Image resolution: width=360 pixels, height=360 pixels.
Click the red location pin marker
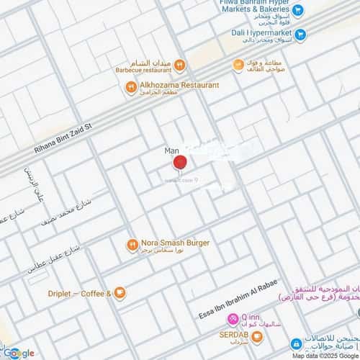pos(180,163)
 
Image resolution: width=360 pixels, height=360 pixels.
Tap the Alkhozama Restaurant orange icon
pos(130,88)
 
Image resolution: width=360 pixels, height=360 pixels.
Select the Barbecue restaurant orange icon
pos(180,66)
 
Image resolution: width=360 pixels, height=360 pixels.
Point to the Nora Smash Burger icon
pos(132,244)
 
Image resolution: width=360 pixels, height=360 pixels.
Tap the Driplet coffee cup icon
pos(120,293)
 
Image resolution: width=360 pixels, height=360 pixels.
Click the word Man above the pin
pos(171,150)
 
